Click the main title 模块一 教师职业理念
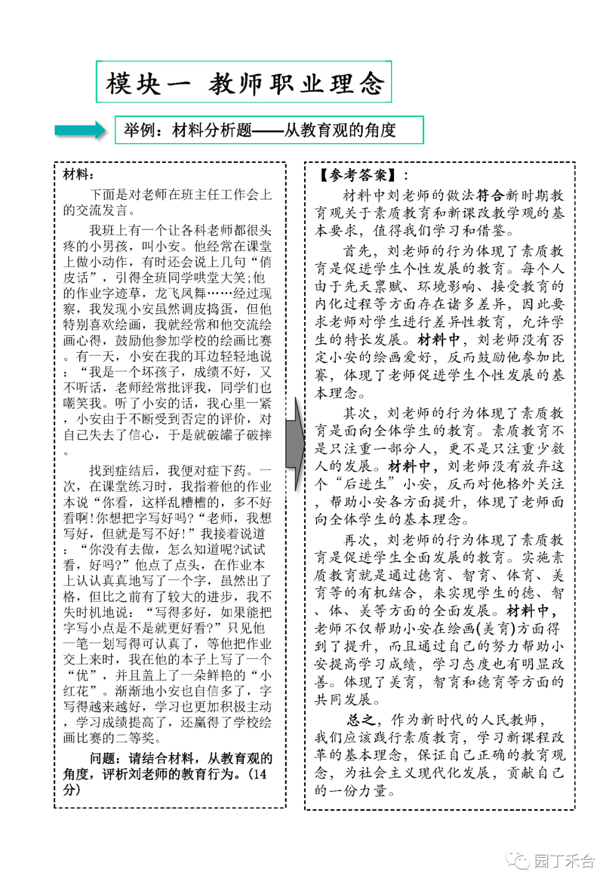click(244, 83)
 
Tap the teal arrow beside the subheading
click(80, 130)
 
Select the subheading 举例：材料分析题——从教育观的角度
click(260, 130)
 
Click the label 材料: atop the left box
click(78, 175)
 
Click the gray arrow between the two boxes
click(295, 444)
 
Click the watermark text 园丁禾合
click(564, 861)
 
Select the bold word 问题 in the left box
click(102, 758)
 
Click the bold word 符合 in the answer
click(490, 195)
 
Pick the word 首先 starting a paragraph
click(358, 251)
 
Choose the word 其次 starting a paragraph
click(358, 413)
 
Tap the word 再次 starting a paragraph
click(358, 539)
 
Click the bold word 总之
click(361, 719)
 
